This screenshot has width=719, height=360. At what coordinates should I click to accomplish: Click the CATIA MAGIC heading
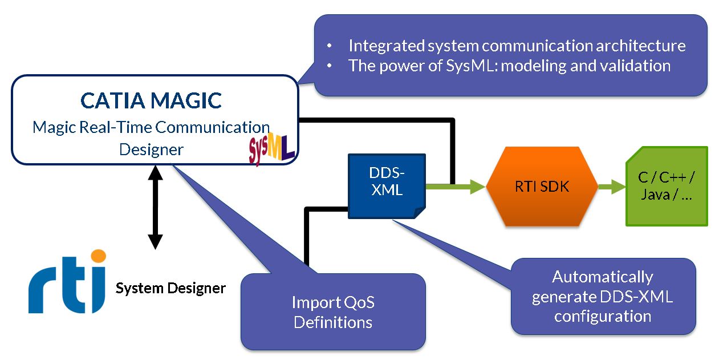pyautogui.click(x=151, y=100)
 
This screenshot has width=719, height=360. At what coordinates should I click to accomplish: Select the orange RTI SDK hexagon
pyautogui.click(x=542, y=187)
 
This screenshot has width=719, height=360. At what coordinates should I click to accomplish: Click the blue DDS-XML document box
pyautogui.click(x=387, y=186)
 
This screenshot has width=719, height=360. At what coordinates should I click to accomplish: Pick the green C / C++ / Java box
pyautogui.click(x=667, y=186)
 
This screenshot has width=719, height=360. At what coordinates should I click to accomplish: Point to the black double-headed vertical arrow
pyautogui.click(x=155, y=208)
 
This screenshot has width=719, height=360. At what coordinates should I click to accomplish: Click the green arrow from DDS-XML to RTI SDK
pyautogui.click(x=456, y=187)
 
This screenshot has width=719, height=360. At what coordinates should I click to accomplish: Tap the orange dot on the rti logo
pyautogui.click(x=98, y=256)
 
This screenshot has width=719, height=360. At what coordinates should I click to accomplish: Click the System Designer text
pyautogui.click(x=170, y=288)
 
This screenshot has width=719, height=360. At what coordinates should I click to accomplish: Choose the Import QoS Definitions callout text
pyautogui.click(x=333, y=312)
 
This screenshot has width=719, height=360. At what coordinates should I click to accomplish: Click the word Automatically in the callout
pyautogui.click(x=603, y=277)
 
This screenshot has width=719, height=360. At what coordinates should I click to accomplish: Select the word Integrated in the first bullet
pyautogui.click(x=387, y=46)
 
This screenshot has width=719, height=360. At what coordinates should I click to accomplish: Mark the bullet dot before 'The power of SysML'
pyautogui.click(x=330, y=66)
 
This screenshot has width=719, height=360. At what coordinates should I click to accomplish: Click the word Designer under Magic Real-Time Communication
pyautogui.click(x=151, y=149)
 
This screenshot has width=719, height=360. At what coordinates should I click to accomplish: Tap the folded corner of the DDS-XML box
pyautogui.click(x=420, y=213)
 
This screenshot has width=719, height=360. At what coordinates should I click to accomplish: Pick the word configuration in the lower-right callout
pyautogui.click(x=603, y=317)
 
